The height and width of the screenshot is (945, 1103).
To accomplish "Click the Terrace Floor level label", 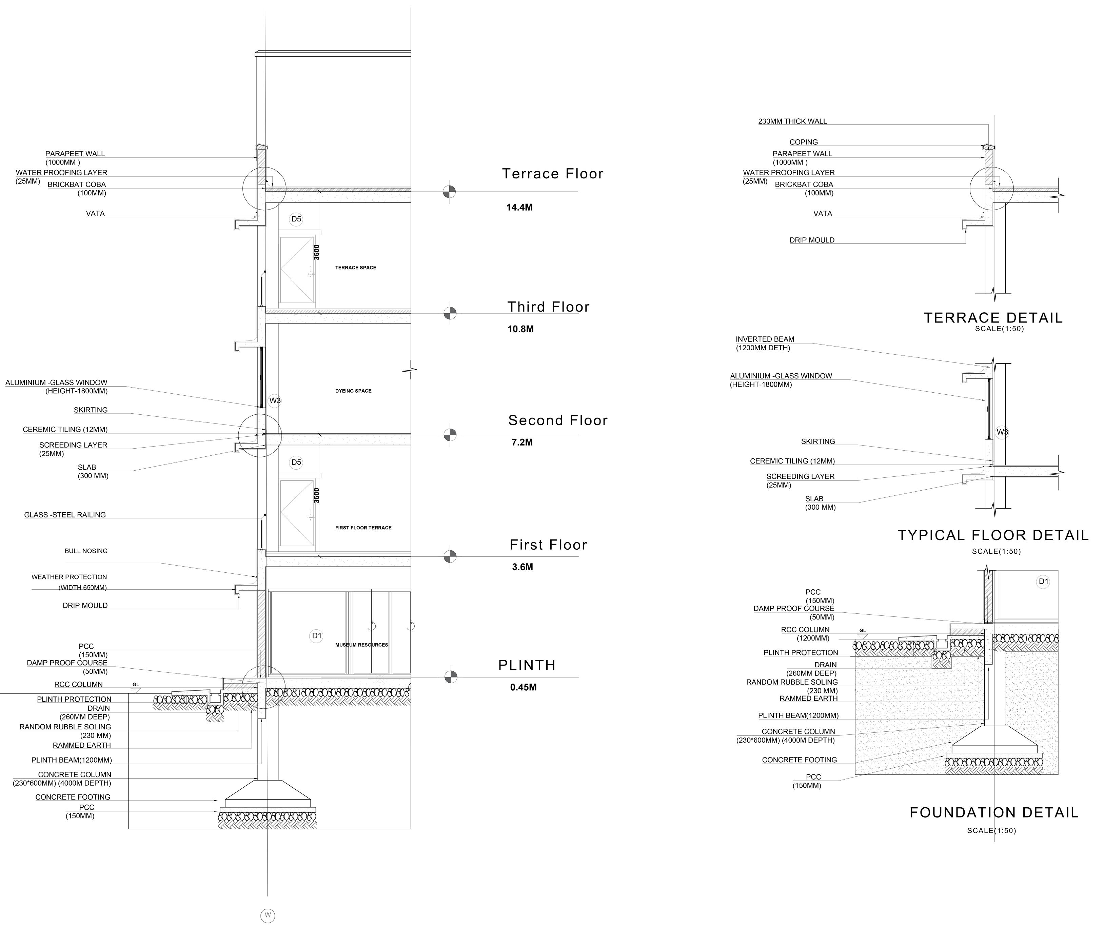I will [553, 174].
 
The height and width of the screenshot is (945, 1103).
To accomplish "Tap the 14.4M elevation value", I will [519, 208].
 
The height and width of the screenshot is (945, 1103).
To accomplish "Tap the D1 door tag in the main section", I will [317, 636].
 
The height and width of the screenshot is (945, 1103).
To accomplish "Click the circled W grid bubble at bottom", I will [268, 916].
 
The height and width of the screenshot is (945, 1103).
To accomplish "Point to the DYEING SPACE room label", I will [353, 391].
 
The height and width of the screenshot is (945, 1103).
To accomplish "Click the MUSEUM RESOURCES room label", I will [361, 645].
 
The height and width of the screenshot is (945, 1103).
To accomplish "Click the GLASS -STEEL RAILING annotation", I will [65, 515].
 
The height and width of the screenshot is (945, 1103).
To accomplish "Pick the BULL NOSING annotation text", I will [86, 551].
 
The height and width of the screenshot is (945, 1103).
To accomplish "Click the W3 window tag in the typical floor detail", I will [1002, 432].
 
